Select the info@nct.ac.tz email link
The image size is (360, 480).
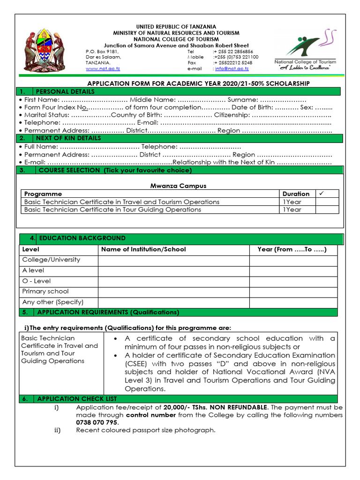pyautogui.click(x=232, y=69)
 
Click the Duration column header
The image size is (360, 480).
pyautogui.click(x=296, y=194)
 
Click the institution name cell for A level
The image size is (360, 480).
pyautogui.click(x=173, y=270)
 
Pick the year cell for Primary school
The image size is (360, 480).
pyautogui.click(x=293, y=292)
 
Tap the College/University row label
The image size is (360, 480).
pyautogui.click(x=51, y=260)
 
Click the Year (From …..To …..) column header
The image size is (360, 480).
pyautogui.click(x=292, y=249)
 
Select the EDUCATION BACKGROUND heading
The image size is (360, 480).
pyautogui.click(x=82, y=238)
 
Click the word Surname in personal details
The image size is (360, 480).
pyautogui.click(x=242, y=100)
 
